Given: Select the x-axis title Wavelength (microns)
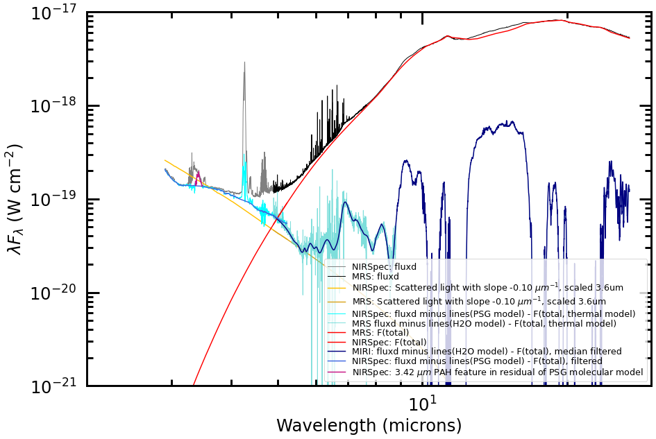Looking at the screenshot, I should (369, 425).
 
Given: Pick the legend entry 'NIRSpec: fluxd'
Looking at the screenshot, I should (384, 266).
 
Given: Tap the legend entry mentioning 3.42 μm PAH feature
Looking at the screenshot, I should (497, 372).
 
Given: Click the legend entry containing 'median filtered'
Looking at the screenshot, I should (487, 352).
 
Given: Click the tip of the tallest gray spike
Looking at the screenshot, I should (244, 62).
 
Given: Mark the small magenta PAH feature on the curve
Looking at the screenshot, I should (198, 175).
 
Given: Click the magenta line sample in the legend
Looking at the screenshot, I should (337, 372).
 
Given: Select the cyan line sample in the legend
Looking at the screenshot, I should (337, 314).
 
